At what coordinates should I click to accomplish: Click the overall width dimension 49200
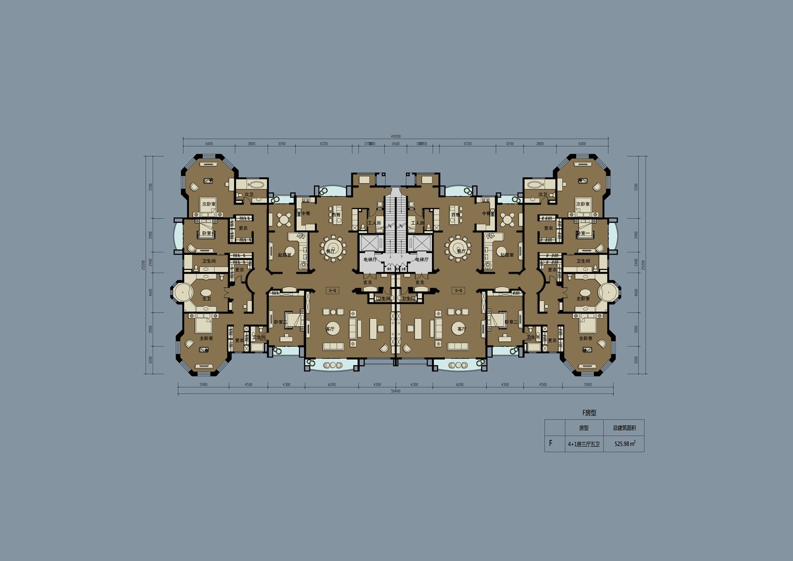pyautogui.click(x=396, y=136)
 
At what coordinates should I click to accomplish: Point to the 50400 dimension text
pyautogui.click(x=396, y=391)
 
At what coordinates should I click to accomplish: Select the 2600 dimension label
pyautogui.click(x=396, y=144)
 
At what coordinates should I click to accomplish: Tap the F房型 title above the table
pyautogui.click(x=589, y=413)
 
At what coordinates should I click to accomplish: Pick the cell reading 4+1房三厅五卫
pyautogui.click(x=584, y=445)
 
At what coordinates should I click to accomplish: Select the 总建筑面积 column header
pyautogui.click(x=624, y=428)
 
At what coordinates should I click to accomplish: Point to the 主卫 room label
pyautogui.click(x=207, y=298)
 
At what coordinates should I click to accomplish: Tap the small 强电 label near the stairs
pyautogui.click(x=389, y=269)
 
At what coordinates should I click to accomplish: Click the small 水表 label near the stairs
pyautogui.click(x=404, y=269)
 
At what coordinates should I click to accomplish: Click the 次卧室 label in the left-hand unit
pyautogui.click(x=209, y=204)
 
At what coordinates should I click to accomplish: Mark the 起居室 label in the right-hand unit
pyautogui.click(x=507, y=255)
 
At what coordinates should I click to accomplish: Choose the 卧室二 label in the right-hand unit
pyautogui.click(x=511, y=322)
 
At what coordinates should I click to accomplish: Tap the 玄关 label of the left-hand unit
pyautogui.click(x=368, y=283)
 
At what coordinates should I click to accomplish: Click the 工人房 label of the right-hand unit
pyautogui.click(x=418, y=223)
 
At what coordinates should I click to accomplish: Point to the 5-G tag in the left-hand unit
pyautogui.click(x=332, y=290)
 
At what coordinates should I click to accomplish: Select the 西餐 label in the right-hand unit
pyautogui.click(x=456, y=215)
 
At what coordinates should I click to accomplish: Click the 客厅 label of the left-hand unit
pyautogui.click(x=330, y=329)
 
